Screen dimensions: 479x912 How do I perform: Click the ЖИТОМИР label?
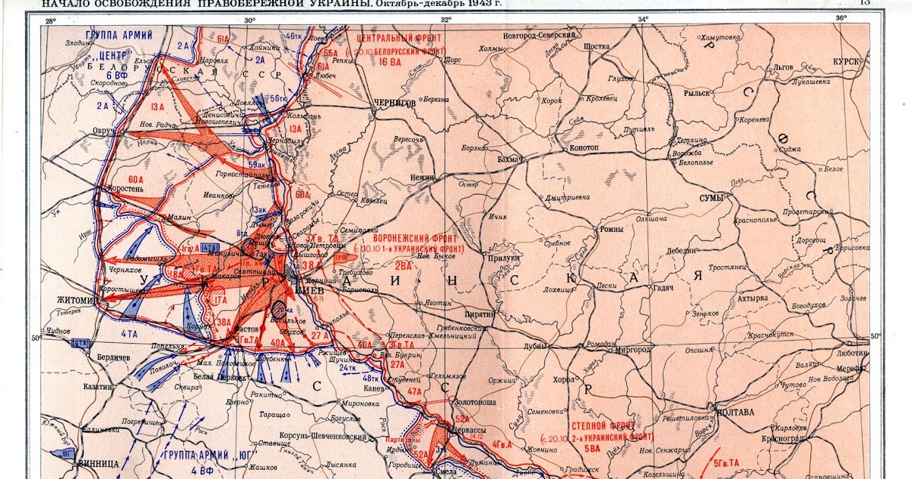click(x=74, y=300)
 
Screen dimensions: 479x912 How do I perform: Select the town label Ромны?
click(x=613, y=230)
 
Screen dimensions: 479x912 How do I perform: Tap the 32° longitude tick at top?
click(x=445, y=19)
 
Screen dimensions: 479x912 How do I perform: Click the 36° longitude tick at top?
click(x=840, y=19)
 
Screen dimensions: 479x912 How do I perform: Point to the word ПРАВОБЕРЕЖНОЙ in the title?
click(x=309, y=5)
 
